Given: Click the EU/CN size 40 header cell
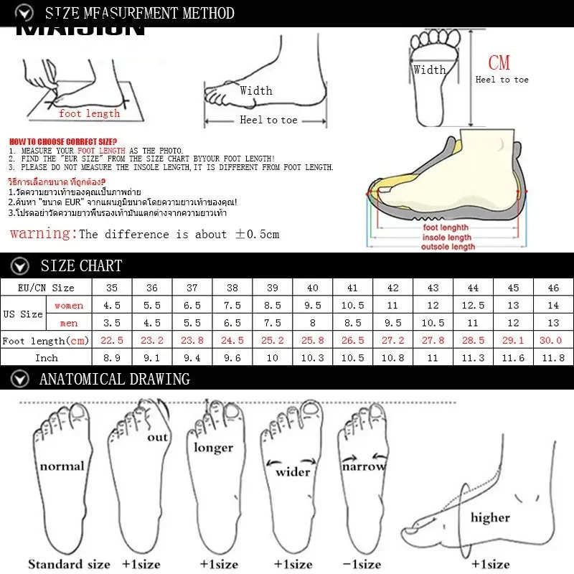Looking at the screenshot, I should coord(312,288).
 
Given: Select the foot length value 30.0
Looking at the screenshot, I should coord(552,340).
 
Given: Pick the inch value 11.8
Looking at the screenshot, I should coord(552,357).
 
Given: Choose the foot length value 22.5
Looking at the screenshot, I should coord(111,340).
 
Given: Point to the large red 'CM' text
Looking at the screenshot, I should coord(499,62).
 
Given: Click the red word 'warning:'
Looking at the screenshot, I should coord(42,233).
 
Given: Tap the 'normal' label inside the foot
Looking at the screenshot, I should coord(62,466).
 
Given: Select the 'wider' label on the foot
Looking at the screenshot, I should coord(293,471).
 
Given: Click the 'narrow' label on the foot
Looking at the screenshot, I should coord(363,466).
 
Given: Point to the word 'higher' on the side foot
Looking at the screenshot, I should coord(490,517).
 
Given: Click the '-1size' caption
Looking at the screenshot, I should coord(362,564).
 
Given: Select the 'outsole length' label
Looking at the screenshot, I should coord(448,247).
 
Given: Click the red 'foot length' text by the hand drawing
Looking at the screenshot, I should coord(90,113).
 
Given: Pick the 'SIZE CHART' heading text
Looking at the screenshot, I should coord(81,265).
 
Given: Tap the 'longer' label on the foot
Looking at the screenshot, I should coord(213,447).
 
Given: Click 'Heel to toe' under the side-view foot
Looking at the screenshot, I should coord(268,120).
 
